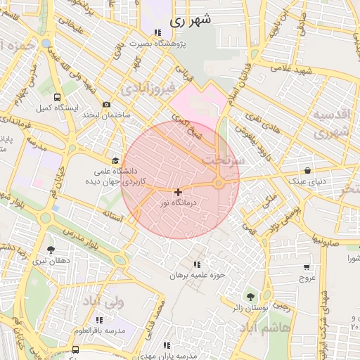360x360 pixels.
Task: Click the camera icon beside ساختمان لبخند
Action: (106, 105)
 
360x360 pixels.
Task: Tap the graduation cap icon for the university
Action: (116, 160)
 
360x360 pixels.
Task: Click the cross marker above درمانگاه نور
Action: (178, 191)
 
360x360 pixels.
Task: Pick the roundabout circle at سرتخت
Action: (219, 184)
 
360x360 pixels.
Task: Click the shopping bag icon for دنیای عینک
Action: (308, 170)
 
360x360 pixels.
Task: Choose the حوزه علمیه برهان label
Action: (196, 275)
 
